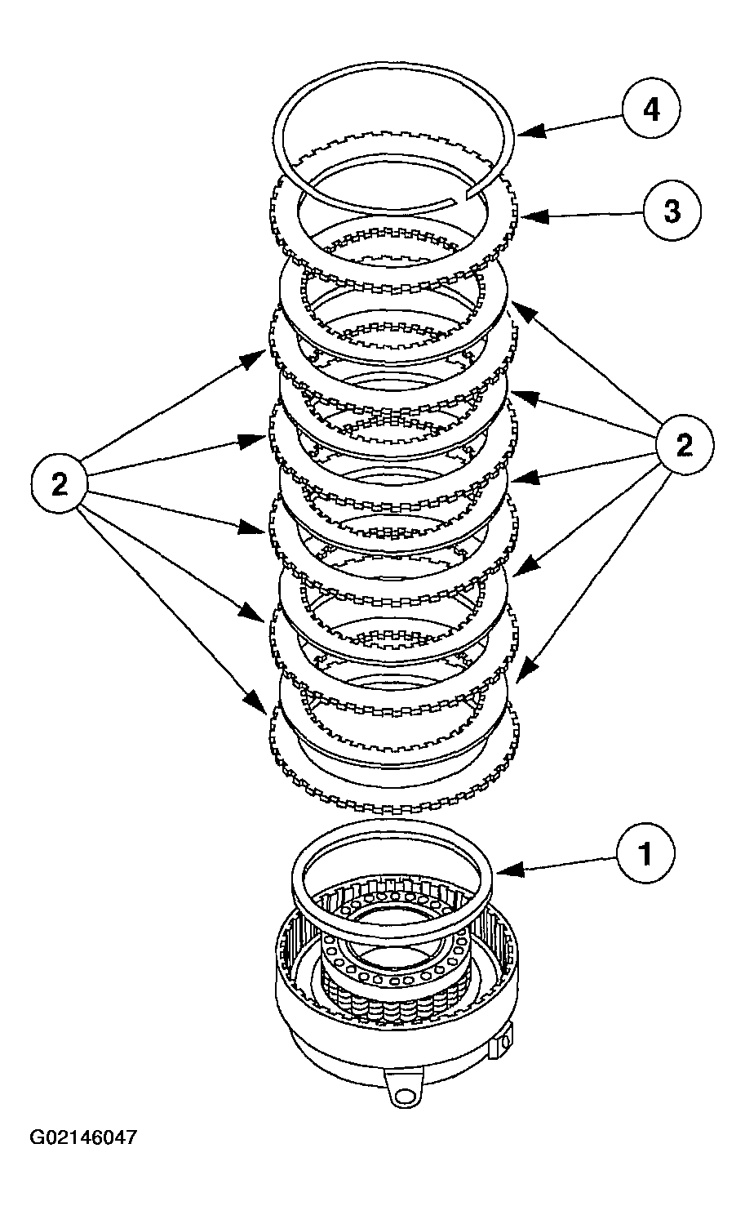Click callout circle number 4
coord(651,109)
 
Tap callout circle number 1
coord(645,854)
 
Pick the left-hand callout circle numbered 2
coord(60,483)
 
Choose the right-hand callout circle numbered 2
coord(684,445)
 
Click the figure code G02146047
coord(83,1137)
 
